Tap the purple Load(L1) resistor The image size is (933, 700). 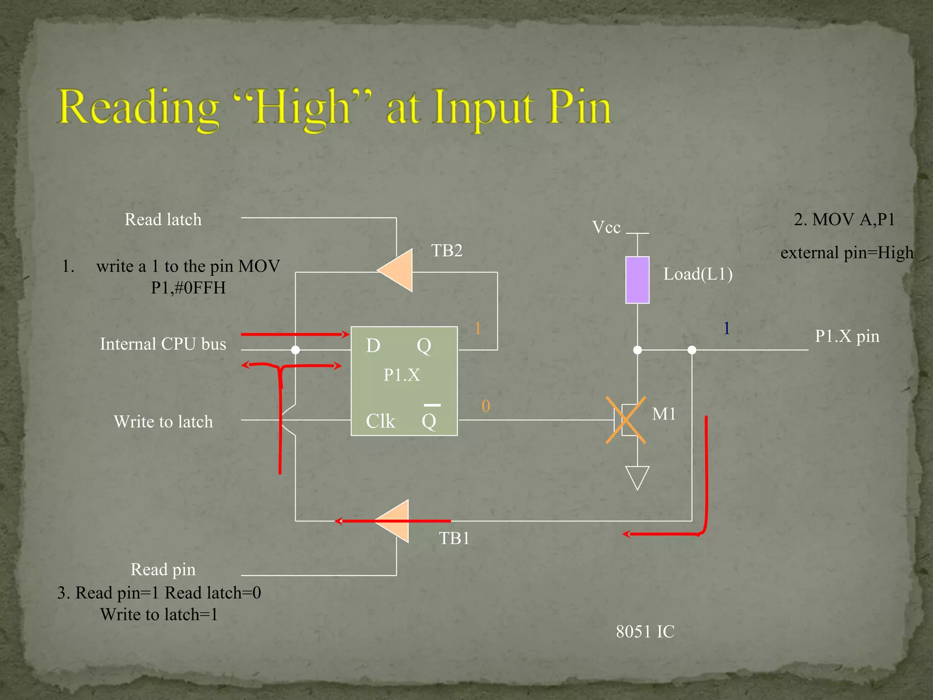[x=637, y=280]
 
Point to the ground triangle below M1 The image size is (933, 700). [x=637, y=477]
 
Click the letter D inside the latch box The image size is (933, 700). [x=373, y=346]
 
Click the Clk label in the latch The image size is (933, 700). [x=380, y=421]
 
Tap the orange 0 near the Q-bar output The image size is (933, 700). [x=486, y=406]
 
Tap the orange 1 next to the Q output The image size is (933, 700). [x=477, y=328]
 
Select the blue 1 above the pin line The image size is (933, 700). [x=727, y=328]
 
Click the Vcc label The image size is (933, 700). [x=606, y=227]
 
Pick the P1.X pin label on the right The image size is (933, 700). [x=847, y=336]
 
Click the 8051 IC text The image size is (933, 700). [x=645, y=632]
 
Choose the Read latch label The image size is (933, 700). [x=163, y=220]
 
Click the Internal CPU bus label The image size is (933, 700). [x=163, y=344]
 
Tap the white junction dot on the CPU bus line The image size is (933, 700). [x=295, y=350]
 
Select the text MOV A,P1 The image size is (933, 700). [x=854, y=220]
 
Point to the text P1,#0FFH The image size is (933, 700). [x=188, y=288]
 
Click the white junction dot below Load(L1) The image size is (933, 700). [x=637, y=350]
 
